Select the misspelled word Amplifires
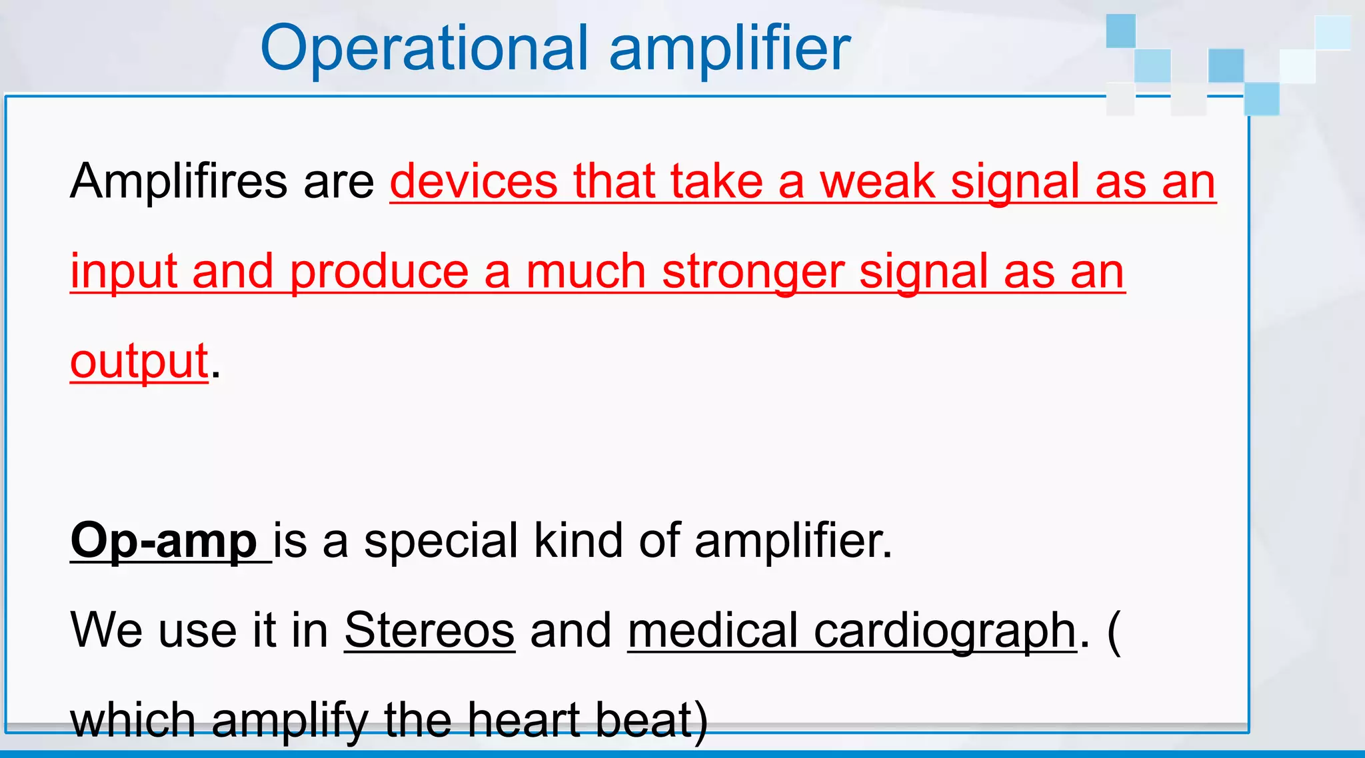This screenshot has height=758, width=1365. [x=179, y=181]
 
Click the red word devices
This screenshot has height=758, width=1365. [x=473, y=181]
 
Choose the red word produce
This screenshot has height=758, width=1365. [x=379, y=272]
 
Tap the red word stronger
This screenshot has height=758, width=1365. [x=752, y=272]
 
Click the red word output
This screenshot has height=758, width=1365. [x=139, y=362]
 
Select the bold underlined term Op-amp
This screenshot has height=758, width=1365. [x=163, y=541]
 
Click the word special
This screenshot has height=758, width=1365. [x=441, y=541]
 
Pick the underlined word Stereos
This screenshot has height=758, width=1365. [x=429, y=630]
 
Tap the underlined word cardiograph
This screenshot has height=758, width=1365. [x=944, y=630]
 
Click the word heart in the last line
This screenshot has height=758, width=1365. [x=523, y=721]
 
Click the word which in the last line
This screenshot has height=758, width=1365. [x=133, y=721]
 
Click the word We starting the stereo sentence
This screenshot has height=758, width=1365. [x=106, y=630]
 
